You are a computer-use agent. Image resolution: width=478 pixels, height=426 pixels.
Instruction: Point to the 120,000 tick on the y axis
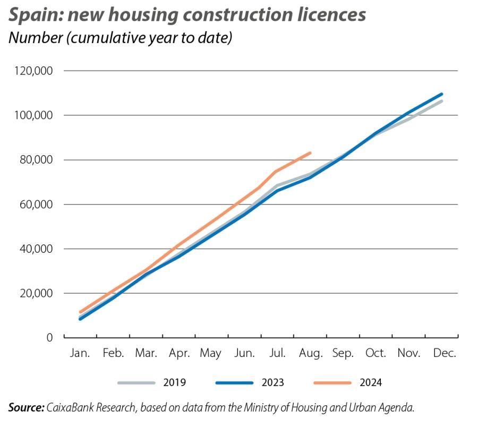[x=35, y=71]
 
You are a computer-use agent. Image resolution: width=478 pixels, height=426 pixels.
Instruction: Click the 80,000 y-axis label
[x=37, y=160]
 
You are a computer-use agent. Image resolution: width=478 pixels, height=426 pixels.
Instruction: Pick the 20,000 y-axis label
[x=37, y=293]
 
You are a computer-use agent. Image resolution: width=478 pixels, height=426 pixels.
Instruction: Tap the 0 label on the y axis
[x=49, y=337]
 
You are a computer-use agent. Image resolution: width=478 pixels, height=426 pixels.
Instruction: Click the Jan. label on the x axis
[x=80, y=353]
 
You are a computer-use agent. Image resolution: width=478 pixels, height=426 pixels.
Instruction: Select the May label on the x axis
[x=211, y=353]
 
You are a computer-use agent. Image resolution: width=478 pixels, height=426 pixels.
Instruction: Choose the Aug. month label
[x=310, y=353]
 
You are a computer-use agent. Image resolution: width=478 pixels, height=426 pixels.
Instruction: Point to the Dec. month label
[x=442, y=353]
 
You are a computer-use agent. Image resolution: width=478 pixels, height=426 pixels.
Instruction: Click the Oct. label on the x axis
[x=376, y=353]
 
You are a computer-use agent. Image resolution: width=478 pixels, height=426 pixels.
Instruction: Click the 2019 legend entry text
[x=175, y=382]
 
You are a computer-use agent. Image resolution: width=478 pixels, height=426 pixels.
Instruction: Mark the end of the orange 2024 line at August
[x=310, y=153]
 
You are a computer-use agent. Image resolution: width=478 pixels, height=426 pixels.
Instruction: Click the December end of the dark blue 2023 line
[x=441, y=94]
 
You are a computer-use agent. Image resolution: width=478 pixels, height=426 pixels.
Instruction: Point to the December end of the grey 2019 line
[x=441, y=101]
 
